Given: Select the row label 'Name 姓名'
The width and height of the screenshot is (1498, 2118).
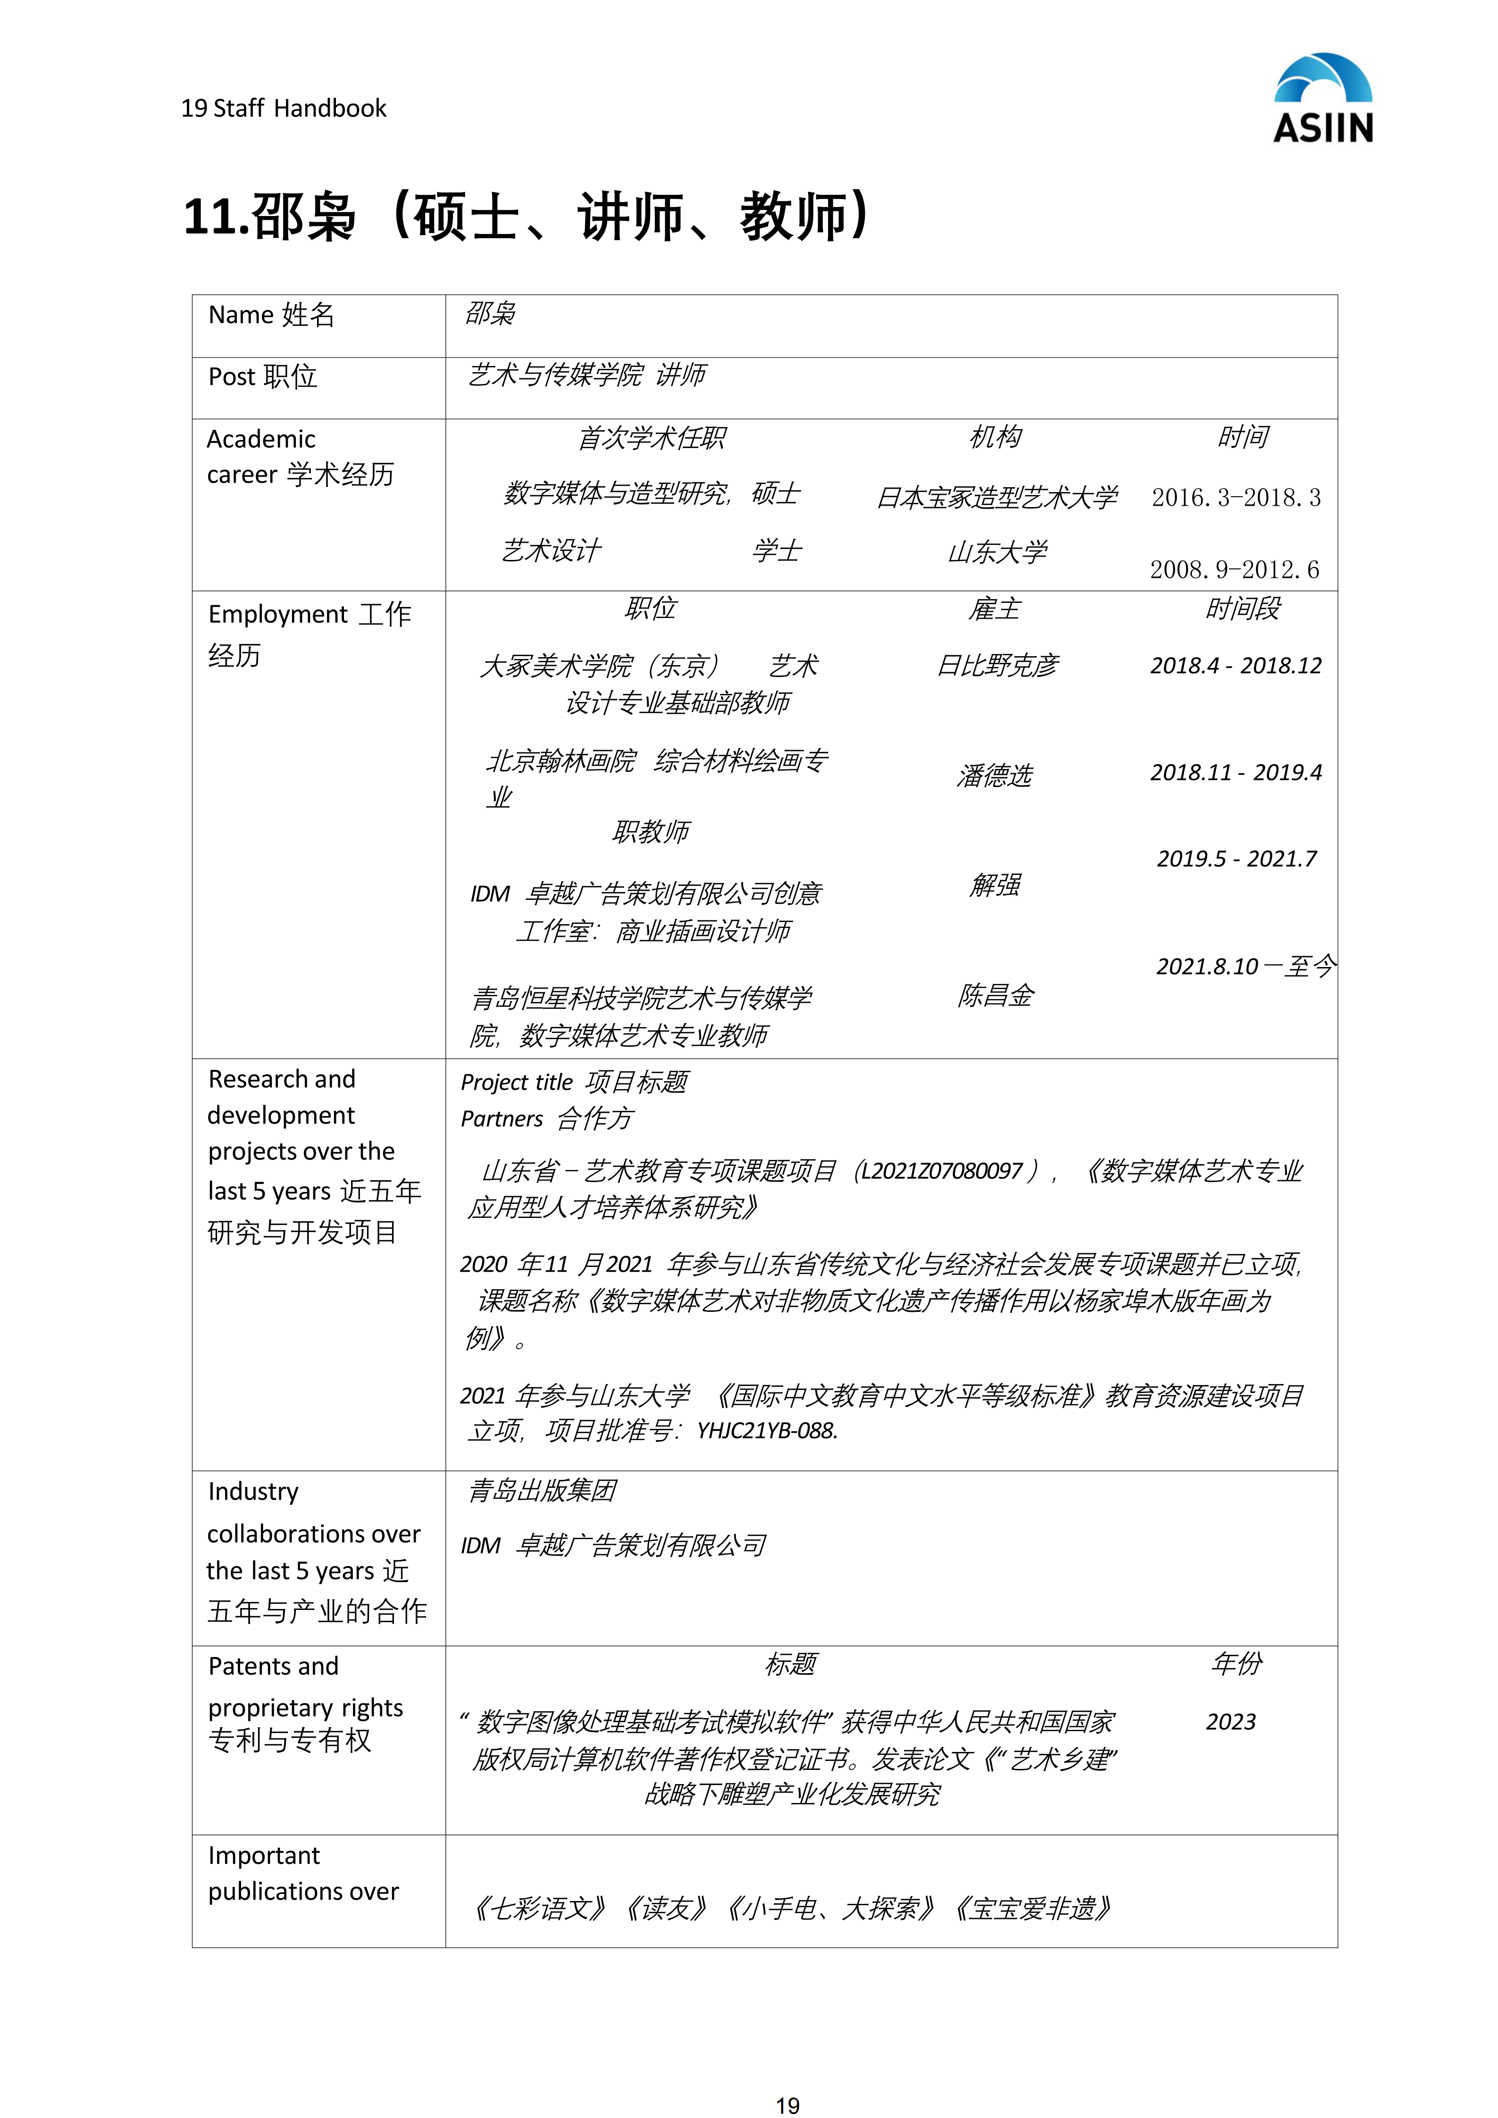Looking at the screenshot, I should (271, 316).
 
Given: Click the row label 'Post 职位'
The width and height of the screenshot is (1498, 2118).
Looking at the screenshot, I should (263, 377).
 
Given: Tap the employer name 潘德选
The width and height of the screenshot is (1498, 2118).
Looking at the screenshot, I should (995, 775).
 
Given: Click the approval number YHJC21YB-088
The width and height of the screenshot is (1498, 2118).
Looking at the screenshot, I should (767, 1431).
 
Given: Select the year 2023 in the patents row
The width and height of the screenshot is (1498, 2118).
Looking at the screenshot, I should (1230, 1721).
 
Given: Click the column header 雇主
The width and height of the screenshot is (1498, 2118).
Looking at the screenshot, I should (995, 609).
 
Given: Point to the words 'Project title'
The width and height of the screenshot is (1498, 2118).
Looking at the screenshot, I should (517, 1082).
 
